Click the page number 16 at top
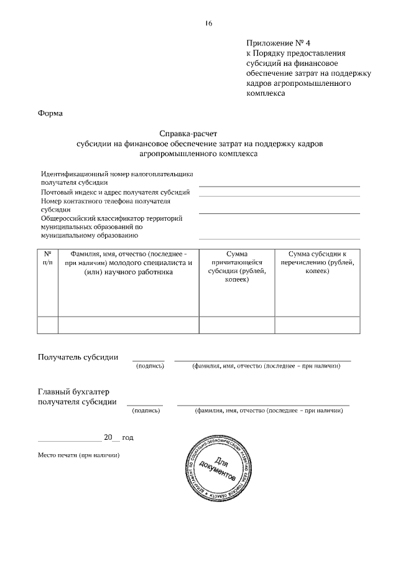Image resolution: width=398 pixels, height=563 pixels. point(208,24)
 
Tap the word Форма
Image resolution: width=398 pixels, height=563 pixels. point(50,113)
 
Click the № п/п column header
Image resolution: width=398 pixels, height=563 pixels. point(48,258)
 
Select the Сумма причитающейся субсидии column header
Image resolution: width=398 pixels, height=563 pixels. point(236,267)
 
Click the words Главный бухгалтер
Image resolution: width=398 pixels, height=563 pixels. point(73,391)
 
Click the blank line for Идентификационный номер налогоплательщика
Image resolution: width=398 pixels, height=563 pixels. point(279,185)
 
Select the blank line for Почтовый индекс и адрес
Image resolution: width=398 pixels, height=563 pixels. point(279,195)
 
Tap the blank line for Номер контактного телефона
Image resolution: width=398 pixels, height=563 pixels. point(279,213)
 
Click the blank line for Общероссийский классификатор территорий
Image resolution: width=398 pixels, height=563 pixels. point(279,238)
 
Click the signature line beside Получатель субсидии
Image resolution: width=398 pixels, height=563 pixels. point(148,360)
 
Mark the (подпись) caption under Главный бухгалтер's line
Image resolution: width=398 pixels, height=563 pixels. point(146,411)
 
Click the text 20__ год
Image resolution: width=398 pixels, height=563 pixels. point(118,437)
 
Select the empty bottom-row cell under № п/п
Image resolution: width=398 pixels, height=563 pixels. point(48,325)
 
